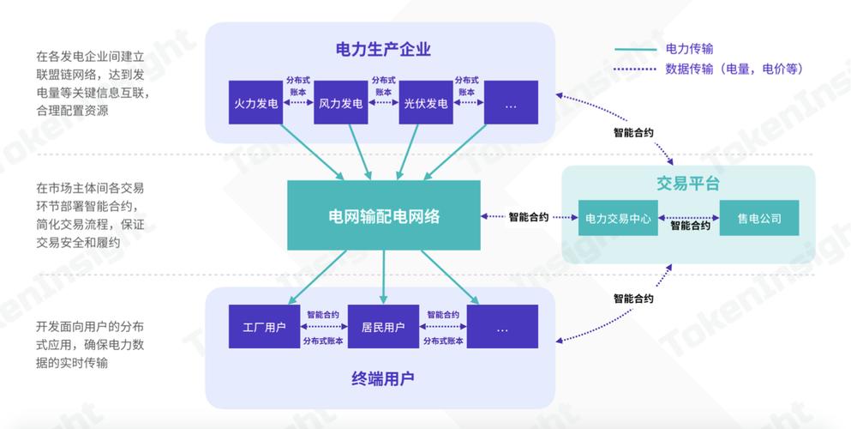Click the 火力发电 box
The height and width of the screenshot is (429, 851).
255,103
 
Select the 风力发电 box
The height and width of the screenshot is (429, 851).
340,103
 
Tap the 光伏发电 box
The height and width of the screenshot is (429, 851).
425,103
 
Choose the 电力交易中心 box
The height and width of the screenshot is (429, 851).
618,218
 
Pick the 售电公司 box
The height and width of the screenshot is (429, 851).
758,218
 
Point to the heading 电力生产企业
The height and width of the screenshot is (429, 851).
382,50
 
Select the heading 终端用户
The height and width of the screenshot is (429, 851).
382,378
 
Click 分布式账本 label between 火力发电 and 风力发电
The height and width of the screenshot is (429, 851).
297,85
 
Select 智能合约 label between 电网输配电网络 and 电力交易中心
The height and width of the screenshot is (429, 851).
529,217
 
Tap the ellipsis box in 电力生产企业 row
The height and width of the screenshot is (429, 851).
511,103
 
